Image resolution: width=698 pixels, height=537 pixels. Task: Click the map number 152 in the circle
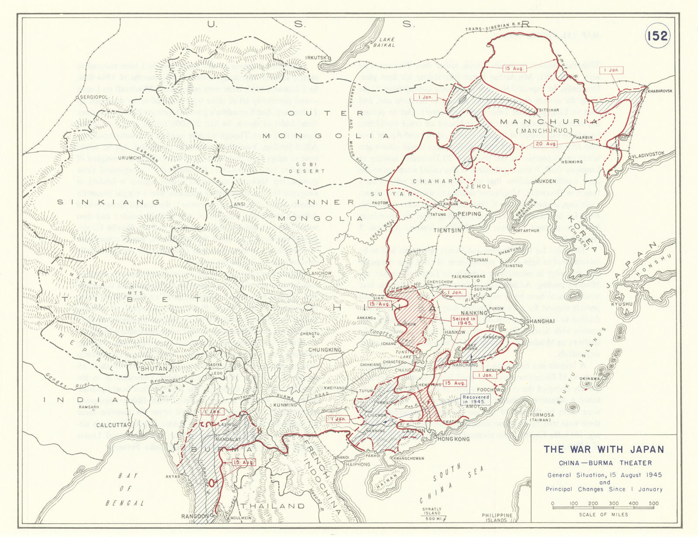tap(657, 35)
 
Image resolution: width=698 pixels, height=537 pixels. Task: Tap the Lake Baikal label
tap(386, 42)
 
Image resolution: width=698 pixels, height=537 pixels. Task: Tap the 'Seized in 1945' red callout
tap(463, 321)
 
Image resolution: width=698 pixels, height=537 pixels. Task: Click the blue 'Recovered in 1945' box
tap(476, 399)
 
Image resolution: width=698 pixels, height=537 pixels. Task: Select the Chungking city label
tap(325, 350)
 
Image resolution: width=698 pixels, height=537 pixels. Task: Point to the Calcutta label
tap(112, 425)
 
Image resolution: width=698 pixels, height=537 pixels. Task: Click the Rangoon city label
tap(195, 516)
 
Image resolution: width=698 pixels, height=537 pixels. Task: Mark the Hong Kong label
tap(453, 439)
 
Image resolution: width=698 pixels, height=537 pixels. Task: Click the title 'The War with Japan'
tap(604, 449)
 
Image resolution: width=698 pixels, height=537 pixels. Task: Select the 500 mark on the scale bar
tap(653, 503)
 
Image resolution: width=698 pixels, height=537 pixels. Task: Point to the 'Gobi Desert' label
tap(311, 168)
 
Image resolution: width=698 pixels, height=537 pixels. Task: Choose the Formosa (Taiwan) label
tap(540, 417)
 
